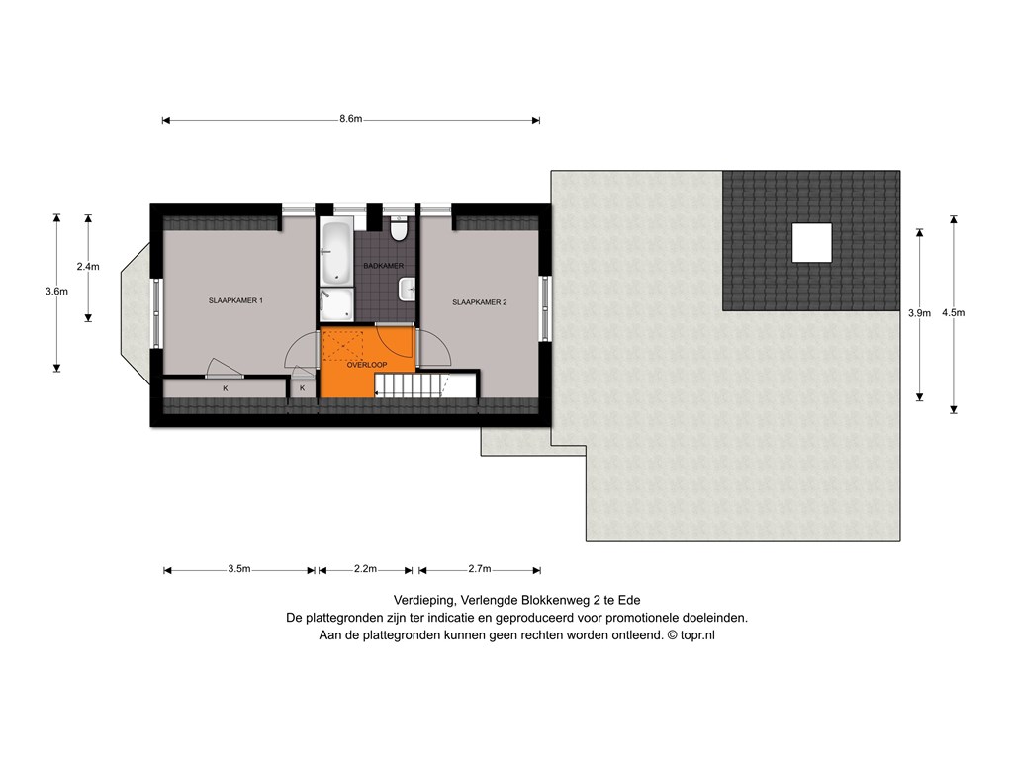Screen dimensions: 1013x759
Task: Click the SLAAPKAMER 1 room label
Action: pos(235,300)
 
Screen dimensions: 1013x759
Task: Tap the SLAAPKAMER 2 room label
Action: pos(480,302)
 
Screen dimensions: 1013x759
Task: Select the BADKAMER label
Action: pos(384,266)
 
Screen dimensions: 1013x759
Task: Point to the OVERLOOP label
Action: pos(367,365)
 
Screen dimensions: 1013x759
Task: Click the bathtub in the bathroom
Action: pos(336,253)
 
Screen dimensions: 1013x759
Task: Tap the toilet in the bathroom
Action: pos(398,229)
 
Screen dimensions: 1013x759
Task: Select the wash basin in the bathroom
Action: pos(407,290)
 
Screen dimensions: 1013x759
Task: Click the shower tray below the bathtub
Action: pos(336,304)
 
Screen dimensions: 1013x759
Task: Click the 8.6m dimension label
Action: pos(351,119)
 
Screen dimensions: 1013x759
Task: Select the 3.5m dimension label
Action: pos(239,569)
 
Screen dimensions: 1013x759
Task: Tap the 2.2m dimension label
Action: pos(365,569)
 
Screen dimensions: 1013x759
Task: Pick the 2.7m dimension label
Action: pos(480,569)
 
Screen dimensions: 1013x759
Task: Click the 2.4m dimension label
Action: pos(88,267)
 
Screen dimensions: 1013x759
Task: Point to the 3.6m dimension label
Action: pos(56,292)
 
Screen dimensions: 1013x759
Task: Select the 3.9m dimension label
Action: pos(919,313)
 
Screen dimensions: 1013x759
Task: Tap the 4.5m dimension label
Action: pos(953,313)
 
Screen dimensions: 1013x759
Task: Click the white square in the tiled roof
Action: pos(811,243)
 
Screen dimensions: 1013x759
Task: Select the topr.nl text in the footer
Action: pos(697,635)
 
